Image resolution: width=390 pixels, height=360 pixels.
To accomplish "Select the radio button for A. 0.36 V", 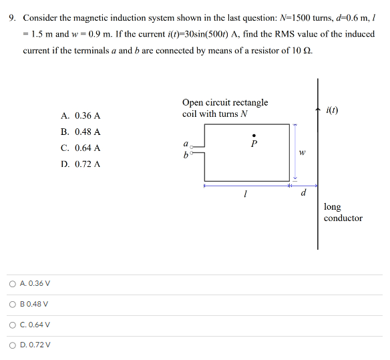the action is pyautogui.click(x=13, y=284).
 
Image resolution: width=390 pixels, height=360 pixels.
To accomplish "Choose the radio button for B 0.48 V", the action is pyautogui.click(x=13, y=305).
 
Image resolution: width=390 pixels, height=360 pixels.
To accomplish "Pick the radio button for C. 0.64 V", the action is pyautogui.click(x=13, y=325).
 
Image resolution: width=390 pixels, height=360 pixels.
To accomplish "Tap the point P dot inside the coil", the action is pyautogui.click(x=253, y=134).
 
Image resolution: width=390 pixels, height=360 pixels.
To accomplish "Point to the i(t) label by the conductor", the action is pyautogui.click(x=333, y=110).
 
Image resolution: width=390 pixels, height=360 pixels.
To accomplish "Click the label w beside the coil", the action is pyautogui.click(x=303, y=152).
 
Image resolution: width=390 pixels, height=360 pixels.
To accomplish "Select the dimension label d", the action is pyautogui.click(x=304, y=194).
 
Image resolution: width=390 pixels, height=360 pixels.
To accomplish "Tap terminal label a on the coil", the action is pyautogui.click(x=185, y=144).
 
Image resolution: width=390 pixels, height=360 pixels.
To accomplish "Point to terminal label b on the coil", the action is pyautogui.click(x=185, y=155).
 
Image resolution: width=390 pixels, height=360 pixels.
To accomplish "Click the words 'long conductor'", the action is pyautogui.click(x=343, y=212).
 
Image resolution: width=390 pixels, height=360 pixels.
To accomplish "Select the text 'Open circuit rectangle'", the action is pyautogui.click(x=225, y=102).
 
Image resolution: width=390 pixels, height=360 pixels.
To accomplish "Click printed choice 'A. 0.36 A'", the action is pyautogui.click(x=80, y=116).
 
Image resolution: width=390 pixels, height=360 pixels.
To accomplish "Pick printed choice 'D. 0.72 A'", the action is pyautogui.click(x=80, y=164).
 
